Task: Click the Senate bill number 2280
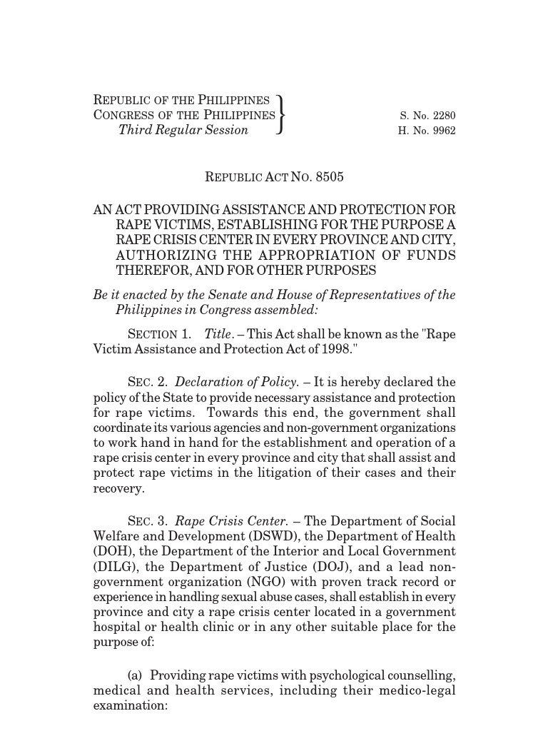442,116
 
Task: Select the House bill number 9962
442,131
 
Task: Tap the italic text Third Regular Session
183,130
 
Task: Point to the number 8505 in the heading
329,177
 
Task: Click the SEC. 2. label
148,383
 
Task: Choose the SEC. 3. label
148,522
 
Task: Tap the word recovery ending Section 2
118,489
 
